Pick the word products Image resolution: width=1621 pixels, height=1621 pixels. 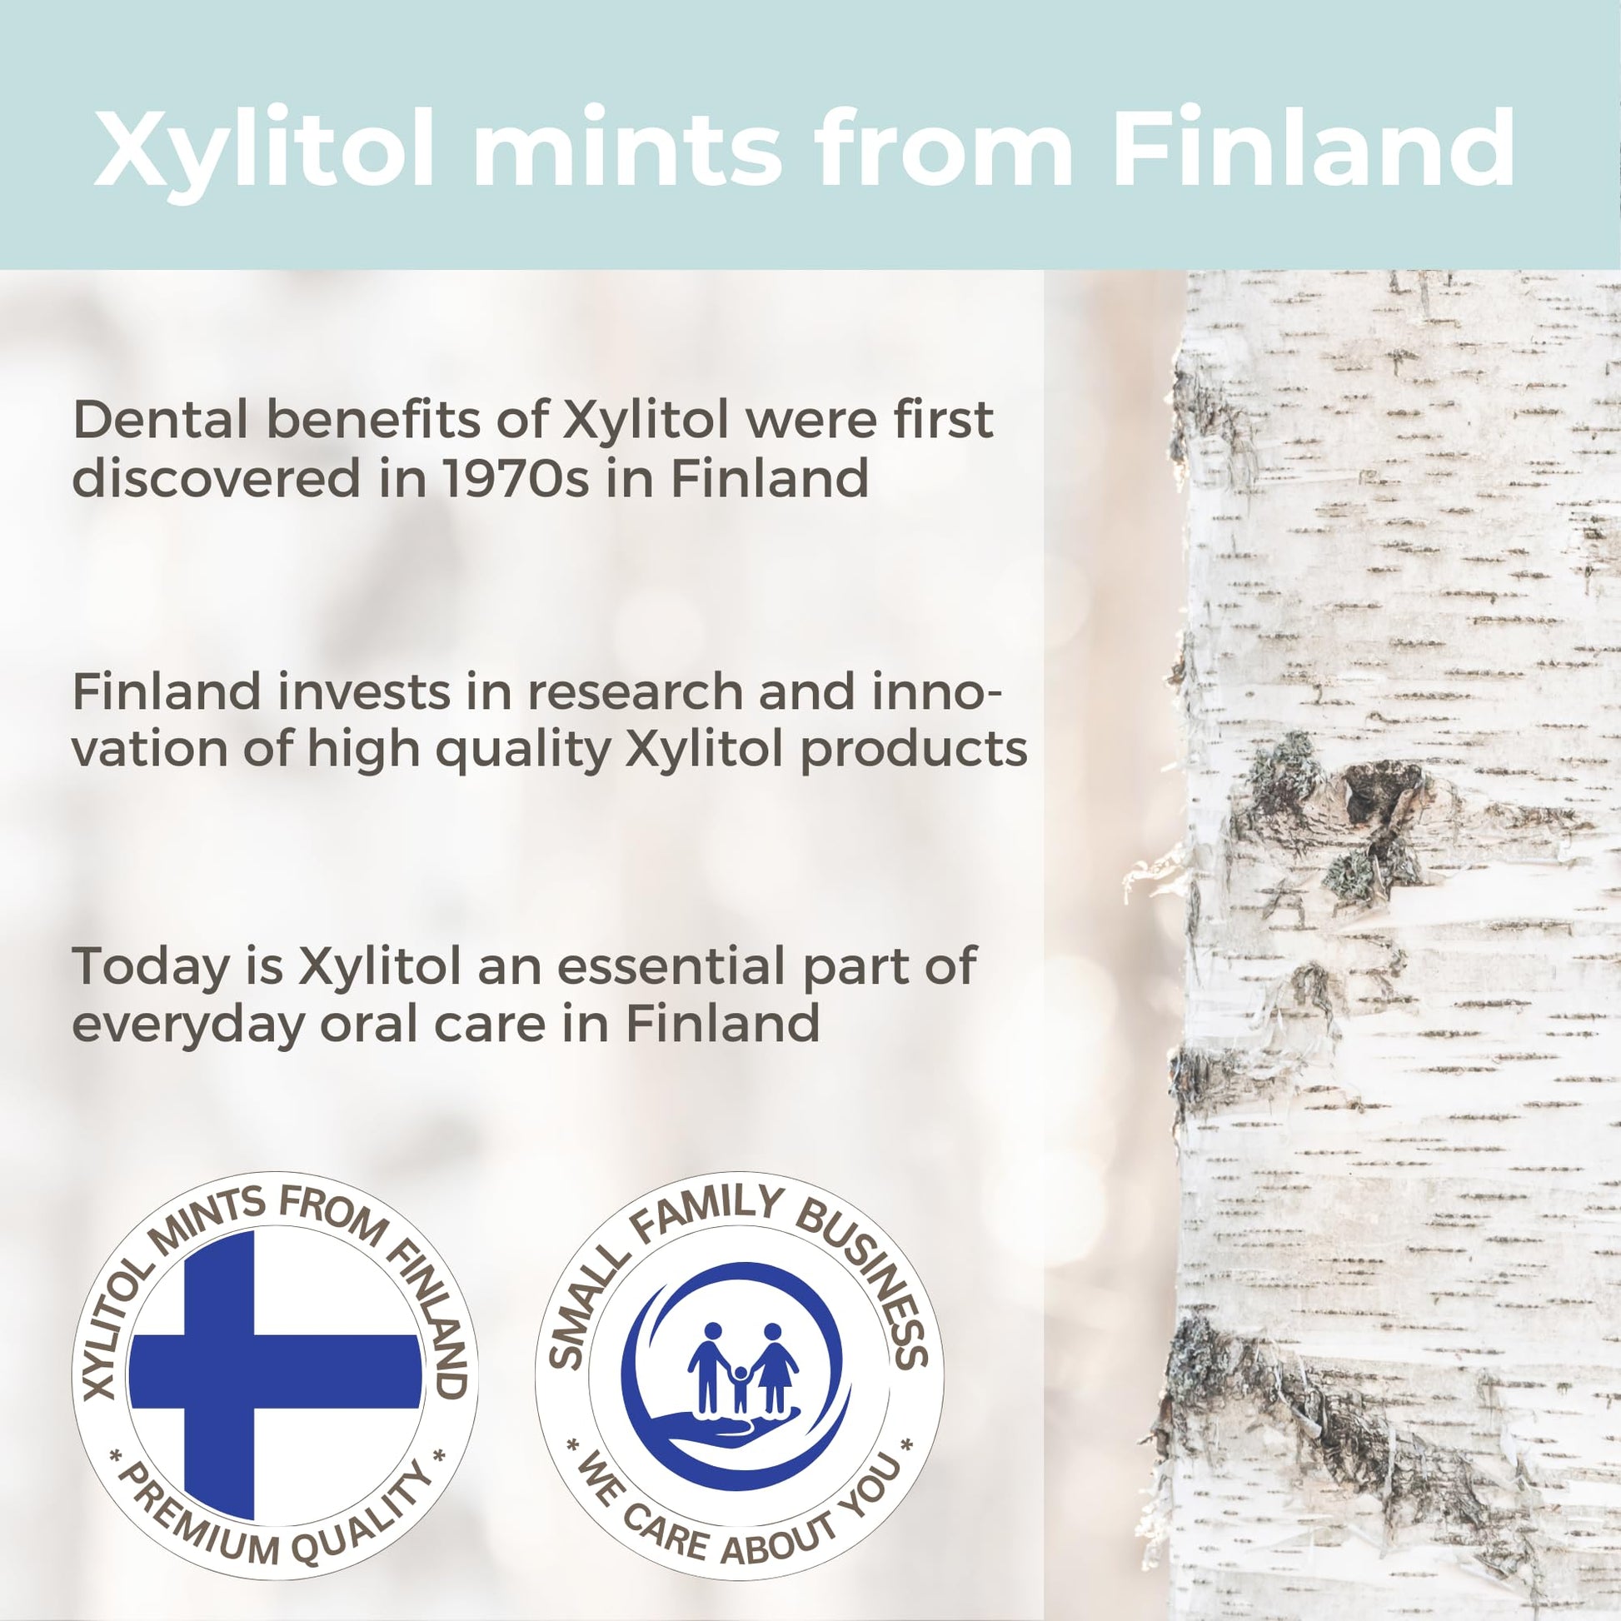[x=914, y=749]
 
